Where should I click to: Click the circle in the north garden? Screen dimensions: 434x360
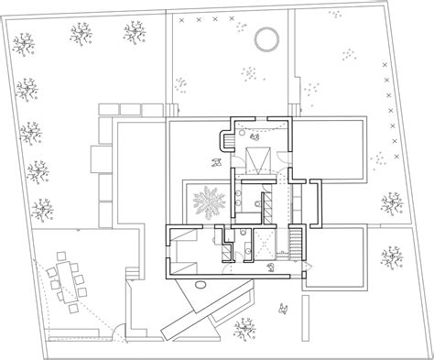[265, 38]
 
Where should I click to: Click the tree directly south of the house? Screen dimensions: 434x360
[244, 328]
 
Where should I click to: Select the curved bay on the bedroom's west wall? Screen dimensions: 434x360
[224, 142]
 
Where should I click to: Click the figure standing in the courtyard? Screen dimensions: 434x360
[216, 162]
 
